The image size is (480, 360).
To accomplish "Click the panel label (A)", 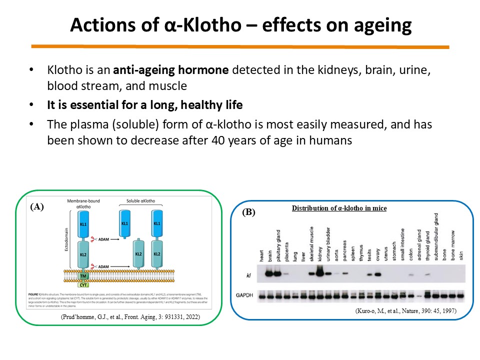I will tap(37, 206).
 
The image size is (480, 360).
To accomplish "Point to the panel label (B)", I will tap(248, 212).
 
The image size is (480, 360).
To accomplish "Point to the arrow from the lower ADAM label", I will tap(113, 268).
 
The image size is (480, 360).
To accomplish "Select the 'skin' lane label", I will tap(460, 253).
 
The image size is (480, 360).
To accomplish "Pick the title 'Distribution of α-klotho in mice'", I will tap(339, 207).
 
